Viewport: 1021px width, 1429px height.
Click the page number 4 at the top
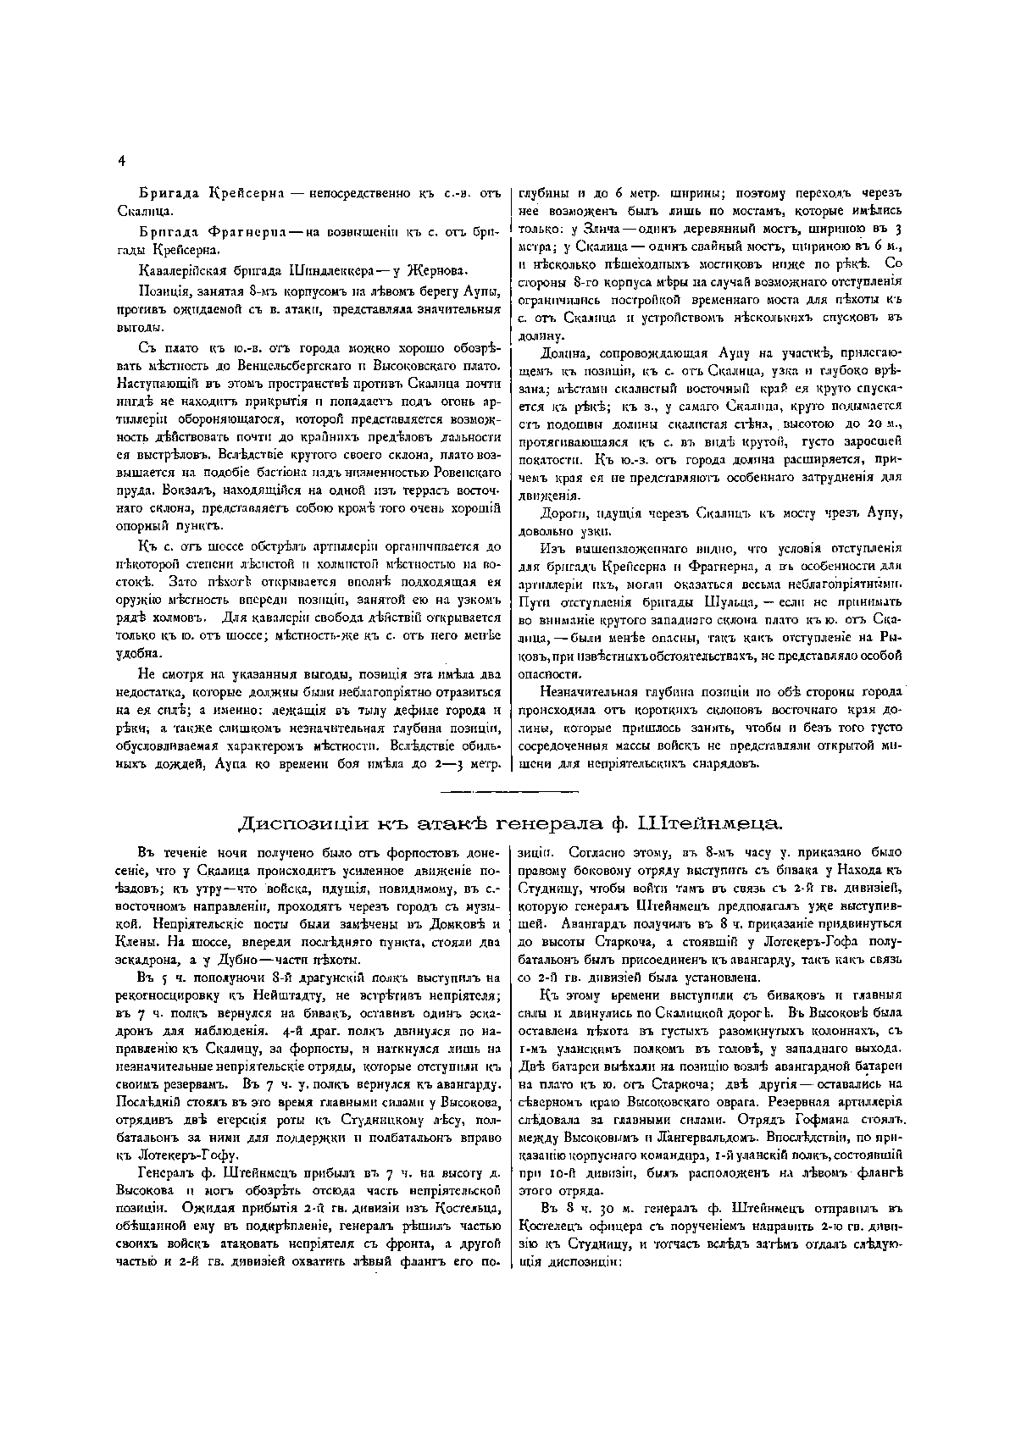tap(122, 160)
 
